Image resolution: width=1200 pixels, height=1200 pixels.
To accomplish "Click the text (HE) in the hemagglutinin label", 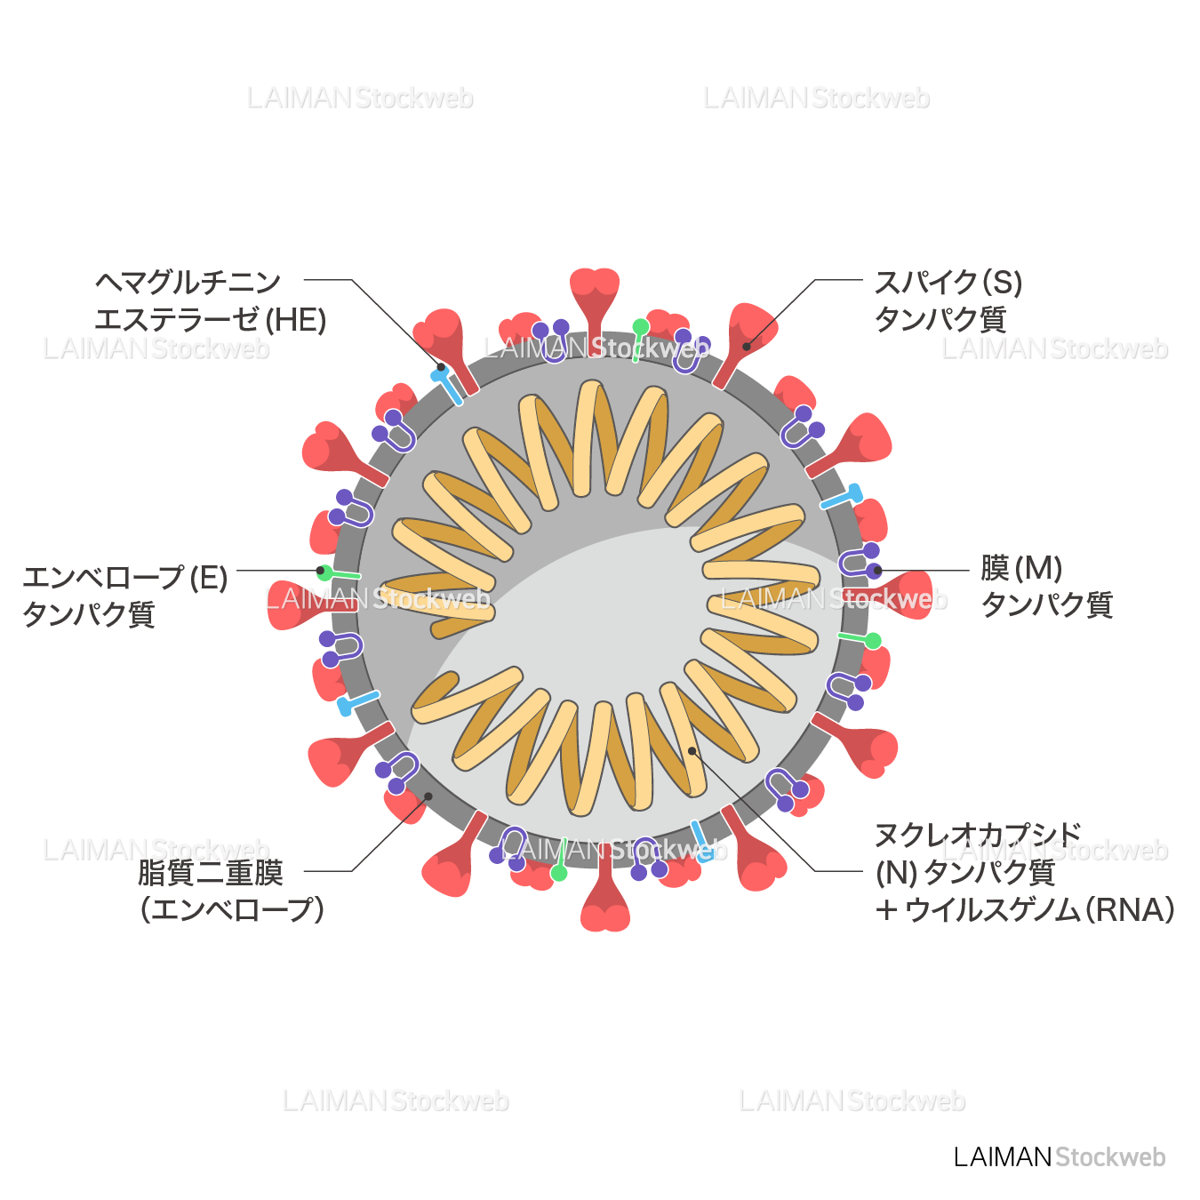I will pyautogui.click(x=297, y=320).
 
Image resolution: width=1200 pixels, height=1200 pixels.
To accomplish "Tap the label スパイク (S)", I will pyautogui.click(x=948, y=283).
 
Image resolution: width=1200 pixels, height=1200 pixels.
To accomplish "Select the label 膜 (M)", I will pyautogui.click(x=1021, y=568).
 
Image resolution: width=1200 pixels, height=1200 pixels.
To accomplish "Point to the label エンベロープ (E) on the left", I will pyautogui.click(x=125, y=578).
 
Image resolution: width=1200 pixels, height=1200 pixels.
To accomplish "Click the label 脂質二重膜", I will pyautogui.click(x=210, y=873).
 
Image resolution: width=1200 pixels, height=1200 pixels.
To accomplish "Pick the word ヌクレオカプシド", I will pyautogui.click(x=978, y=836).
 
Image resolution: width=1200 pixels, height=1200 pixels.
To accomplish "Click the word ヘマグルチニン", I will pyautogui.click(x=188, y=283).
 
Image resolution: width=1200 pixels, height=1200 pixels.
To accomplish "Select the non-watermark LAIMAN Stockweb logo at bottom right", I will pyautogui.click(x=1059, y=1156).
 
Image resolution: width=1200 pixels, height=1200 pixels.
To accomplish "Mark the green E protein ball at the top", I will pyautogui.click(x=641, y=327).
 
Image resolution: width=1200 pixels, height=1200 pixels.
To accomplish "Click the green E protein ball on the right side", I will pyautogui.click(x=873, y=641).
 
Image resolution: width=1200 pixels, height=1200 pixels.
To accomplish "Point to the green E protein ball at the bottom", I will pyautogui.click(x=558, y=873).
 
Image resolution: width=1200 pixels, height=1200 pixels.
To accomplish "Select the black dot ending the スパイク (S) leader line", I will pyautogui.click(x=747, y=347).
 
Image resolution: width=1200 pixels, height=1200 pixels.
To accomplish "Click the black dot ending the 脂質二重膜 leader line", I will pyautogui.click(x=428, y=796).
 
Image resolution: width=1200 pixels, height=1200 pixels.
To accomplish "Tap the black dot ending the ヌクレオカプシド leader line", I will pyautogui.click(x=692, y=751).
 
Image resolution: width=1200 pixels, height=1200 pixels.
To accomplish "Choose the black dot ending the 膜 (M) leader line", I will pyautogui.click(x=877, y=571).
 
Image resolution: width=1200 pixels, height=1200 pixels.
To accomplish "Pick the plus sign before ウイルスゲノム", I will pyautogui.click(x=885, y=910).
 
